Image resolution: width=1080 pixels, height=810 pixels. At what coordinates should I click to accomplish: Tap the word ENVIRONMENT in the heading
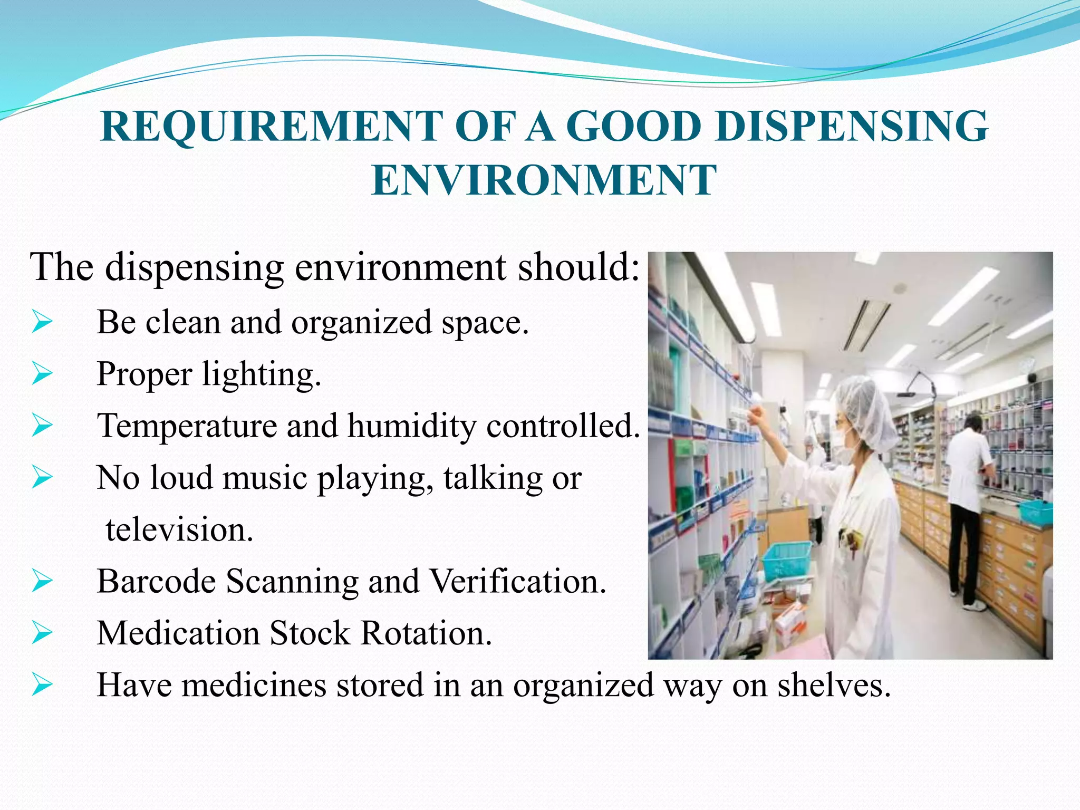[544, 180]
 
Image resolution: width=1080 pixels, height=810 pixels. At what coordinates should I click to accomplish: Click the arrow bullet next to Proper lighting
[42, 374]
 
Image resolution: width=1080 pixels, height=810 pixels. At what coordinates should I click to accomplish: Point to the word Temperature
[187, 426]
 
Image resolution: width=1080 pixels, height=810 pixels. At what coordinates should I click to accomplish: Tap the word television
[179, 529]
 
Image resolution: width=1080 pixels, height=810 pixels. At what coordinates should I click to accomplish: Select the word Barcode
[157, 581]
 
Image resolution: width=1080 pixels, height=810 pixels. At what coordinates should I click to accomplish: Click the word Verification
[517, 581]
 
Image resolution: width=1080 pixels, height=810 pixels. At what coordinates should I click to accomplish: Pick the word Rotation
[426, 633]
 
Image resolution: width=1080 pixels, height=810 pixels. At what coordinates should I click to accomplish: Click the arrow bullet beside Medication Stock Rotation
[42, 633]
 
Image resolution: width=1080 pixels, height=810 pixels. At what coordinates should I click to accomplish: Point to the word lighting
[261, 375]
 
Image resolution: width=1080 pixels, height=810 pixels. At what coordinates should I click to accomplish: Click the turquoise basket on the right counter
[1035, 512]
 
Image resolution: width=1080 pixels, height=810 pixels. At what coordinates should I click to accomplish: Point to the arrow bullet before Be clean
[42, 322]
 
